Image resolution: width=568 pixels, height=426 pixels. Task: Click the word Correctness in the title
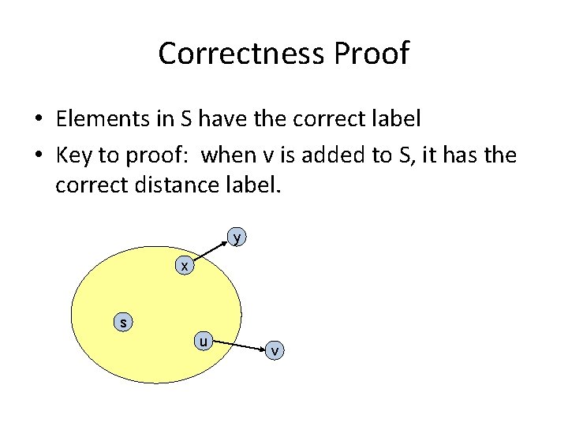(x=241, y=54)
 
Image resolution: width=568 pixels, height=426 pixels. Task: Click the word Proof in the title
(x=371, y=54)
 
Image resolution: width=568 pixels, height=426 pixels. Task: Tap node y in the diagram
(x=237, y=237)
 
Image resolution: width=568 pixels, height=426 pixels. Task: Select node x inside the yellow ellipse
(x=184, y=267)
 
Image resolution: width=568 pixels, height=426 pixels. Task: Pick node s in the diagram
(x=123, y=322)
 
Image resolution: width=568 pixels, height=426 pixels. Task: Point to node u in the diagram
(x=204, y=342)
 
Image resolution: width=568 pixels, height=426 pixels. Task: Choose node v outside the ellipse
(x=274, y=349)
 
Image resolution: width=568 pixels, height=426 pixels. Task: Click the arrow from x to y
(x=211, y=252)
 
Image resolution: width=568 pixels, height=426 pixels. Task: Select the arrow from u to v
(x=238, y=346)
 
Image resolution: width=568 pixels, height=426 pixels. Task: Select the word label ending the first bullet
(x=398, y=119)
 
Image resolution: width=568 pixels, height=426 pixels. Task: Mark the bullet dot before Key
(x=38, y=156)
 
